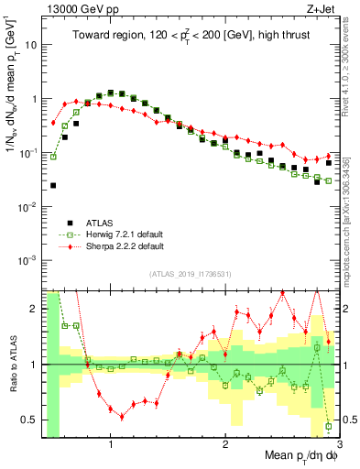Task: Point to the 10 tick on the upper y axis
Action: point(34,44)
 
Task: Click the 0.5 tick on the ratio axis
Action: point(31,420)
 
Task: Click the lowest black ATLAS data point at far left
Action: point(53,185)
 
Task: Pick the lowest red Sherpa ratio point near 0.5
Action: point(122,416)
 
